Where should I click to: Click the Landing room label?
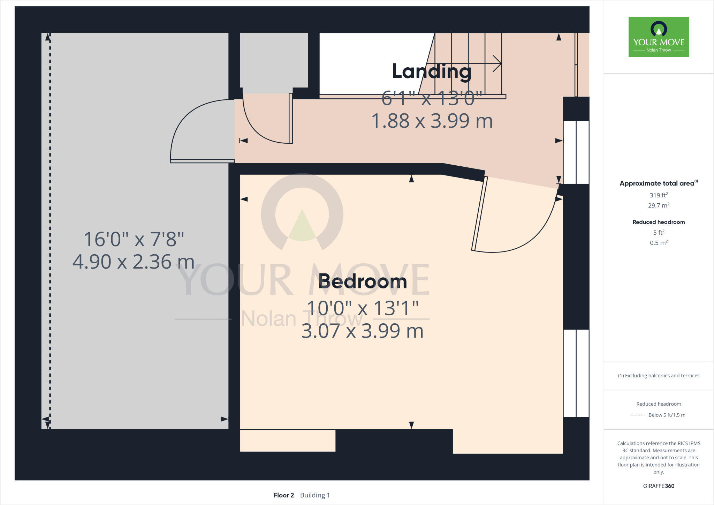coord(432,71)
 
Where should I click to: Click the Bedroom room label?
coord(363,281)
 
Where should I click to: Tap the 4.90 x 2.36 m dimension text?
coord(133,262)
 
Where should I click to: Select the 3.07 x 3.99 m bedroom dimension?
coord(362,331)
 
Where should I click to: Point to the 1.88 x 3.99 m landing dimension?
coord(432,121)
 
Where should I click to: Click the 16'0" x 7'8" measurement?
coord(134,239)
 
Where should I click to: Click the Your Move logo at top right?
coord(659,37)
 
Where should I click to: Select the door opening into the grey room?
coord(195,133)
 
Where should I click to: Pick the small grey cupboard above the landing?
coord(274,60)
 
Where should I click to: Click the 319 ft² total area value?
coord(659,195)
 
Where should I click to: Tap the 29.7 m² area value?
coord(659,205)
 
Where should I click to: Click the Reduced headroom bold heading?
coord(659,222)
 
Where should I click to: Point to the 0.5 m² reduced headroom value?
coord(659,243)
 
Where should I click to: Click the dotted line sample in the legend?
coord(638,415)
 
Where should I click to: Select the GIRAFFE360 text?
coord(659,486)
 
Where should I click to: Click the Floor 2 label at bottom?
coord(284,495)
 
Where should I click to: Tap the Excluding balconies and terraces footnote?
coord(659,376)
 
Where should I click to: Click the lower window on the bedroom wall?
coord(576,373)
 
